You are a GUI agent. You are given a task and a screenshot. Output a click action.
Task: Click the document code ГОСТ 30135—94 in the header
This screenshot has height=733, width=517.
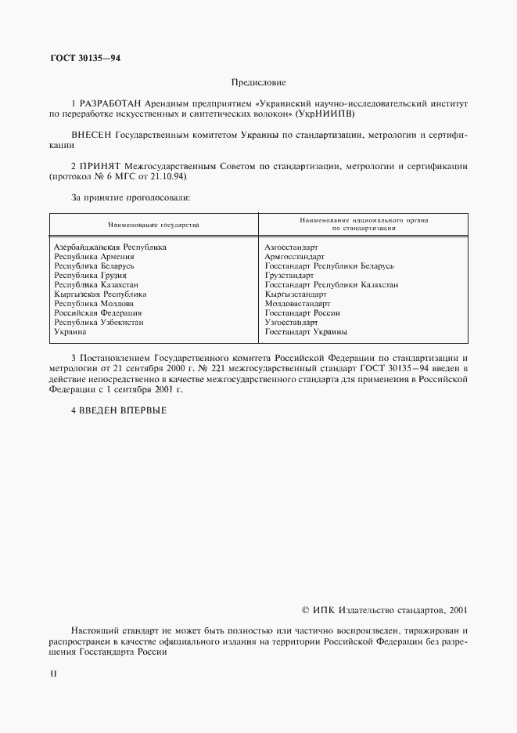point(85,58)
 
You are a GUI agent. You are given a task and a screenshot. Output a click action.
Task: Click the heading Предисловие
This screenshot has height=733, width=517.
point(259,82)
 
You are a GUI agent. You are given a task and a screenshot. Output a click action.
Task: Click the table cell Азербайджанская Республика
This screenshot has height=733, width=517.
point(110,247)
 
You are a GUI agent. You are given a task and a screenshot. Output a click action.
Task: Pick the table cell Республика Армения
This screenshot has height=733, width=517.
point(94,257)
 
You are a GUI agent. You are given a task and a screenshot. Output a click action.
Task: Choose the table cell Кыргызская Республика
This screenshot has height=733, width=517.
point(100,294)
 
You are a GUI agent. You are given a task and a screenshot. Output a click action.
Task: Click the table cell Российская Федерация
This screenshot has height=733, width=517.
point(98,313)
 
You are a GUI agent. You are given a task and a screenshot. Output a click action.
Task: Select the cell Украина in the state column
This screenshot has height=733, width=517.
point(70,332)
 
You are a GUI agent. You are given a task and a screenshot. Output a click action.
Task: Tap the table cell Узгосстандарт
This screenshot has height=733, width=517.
point(292,323)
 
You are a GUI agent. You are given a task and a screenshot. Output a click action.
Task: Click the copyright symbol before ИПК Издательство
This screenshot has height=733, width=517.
point(307,609)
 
